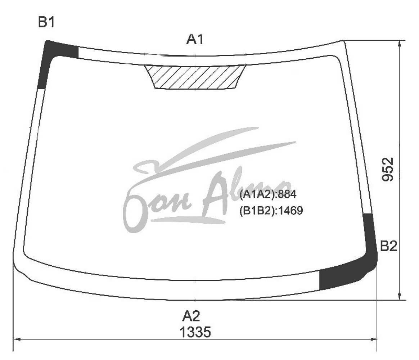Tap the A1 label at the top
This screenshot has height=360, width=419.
click(x=195, y=39)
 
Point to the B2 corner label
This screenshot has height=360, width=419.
click(x=388, y=246)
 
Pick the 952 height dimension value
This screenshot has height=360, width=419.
click(x=388, y=170)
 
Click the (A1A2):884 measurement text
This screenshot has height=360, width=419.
click(x=268, y=194)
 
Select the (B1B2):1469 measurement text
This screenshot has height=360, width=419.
click(x=271, y=211)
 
